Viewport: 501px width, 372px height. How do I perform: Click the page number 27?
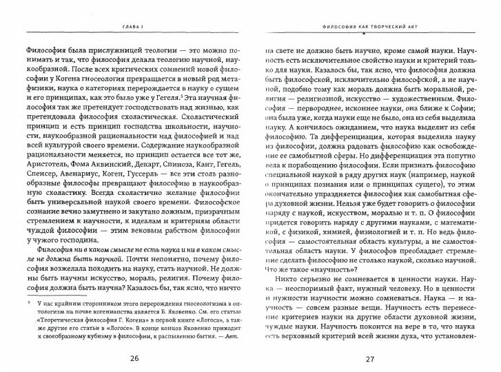pyautogui.click(x=371, y=358)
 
